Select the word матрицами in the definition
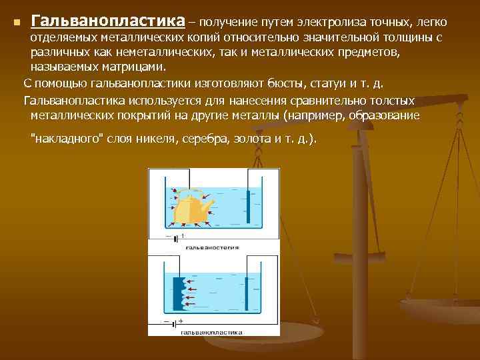click(134, 67)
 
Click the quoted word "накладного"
click(65, 140)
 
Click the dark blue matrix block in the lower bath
click(178, 293)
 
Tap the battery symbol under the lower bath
click(175, 323)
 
